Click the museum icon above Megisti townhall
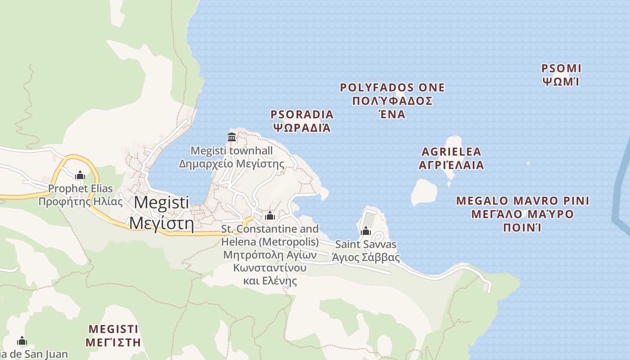(x=232, y=137)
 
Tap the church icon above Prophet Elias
(x=80, y=175)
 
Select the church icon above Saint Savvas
(x=366, y=231)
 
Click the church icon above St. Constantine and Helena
(x=270, y=216)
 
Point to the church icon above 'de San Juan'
(x=22, y=341)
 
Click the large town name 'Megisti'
(x=162, y=202)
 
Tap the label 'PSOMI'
(x=561, y=69)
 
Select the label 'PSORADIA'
(x=302, y=115)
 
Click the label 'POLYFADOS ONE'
(x=392, y=88)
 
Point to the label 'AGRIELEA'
(x=451, y=152)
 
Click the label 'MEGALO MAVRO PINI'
(x=522, y=201)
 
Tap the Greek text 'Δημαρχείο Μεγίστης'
(x=232, y=164)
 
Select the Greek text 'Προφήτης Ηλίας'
(x=81, y=202)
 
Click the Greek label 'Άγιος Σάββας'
(x=365, y=257)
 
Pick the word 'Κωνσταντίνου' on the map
(x=270, y=268)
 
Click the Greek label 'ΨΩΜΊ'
(x=560, y=82)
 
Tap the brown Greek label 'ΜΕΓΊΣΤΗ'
(x=113, y=342)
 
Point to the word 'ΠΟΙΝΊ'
(x=522, y=227)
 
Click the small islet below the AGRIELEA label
(x=424, y=193)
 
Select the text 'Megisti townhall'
(x=232, y=151)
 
